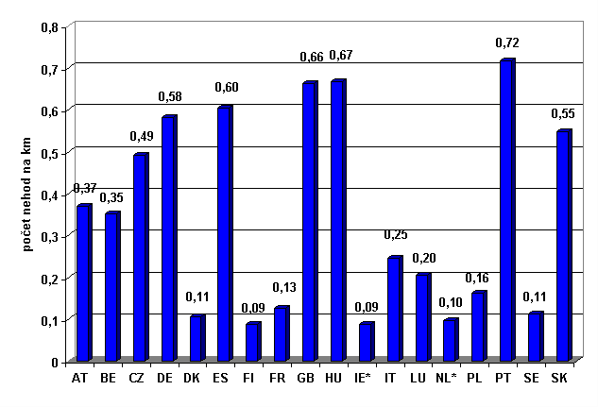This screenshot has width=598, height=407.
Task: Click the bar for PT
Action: coord(507,211)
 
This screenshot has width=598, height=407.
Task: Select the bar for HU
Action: coord(337,221)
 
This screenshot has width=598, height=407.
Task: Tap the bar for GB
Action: coord(309,222)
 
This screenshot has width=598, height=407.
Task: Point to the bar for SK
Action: coord(564,246)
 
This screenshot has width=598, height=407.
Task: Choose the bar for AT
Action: coord(83,283)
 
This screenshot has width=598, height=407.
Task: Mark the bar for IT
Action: coord(394,309)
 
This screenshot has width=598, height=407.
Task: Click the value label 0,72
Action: coord(508,42)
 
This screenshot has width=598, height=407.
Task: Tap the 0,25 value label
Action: coord(395,234)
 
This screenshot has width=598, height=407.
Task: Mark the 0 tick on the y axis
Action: coord(54,362)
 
